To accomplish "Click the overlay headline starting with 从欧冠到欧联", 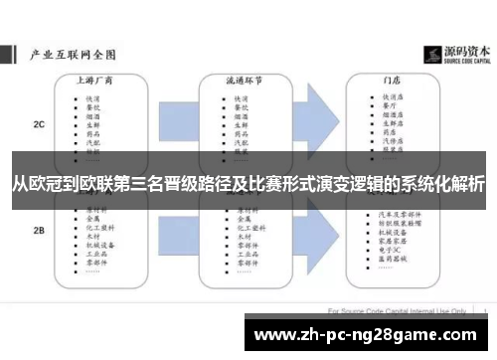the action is [248, 184].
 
